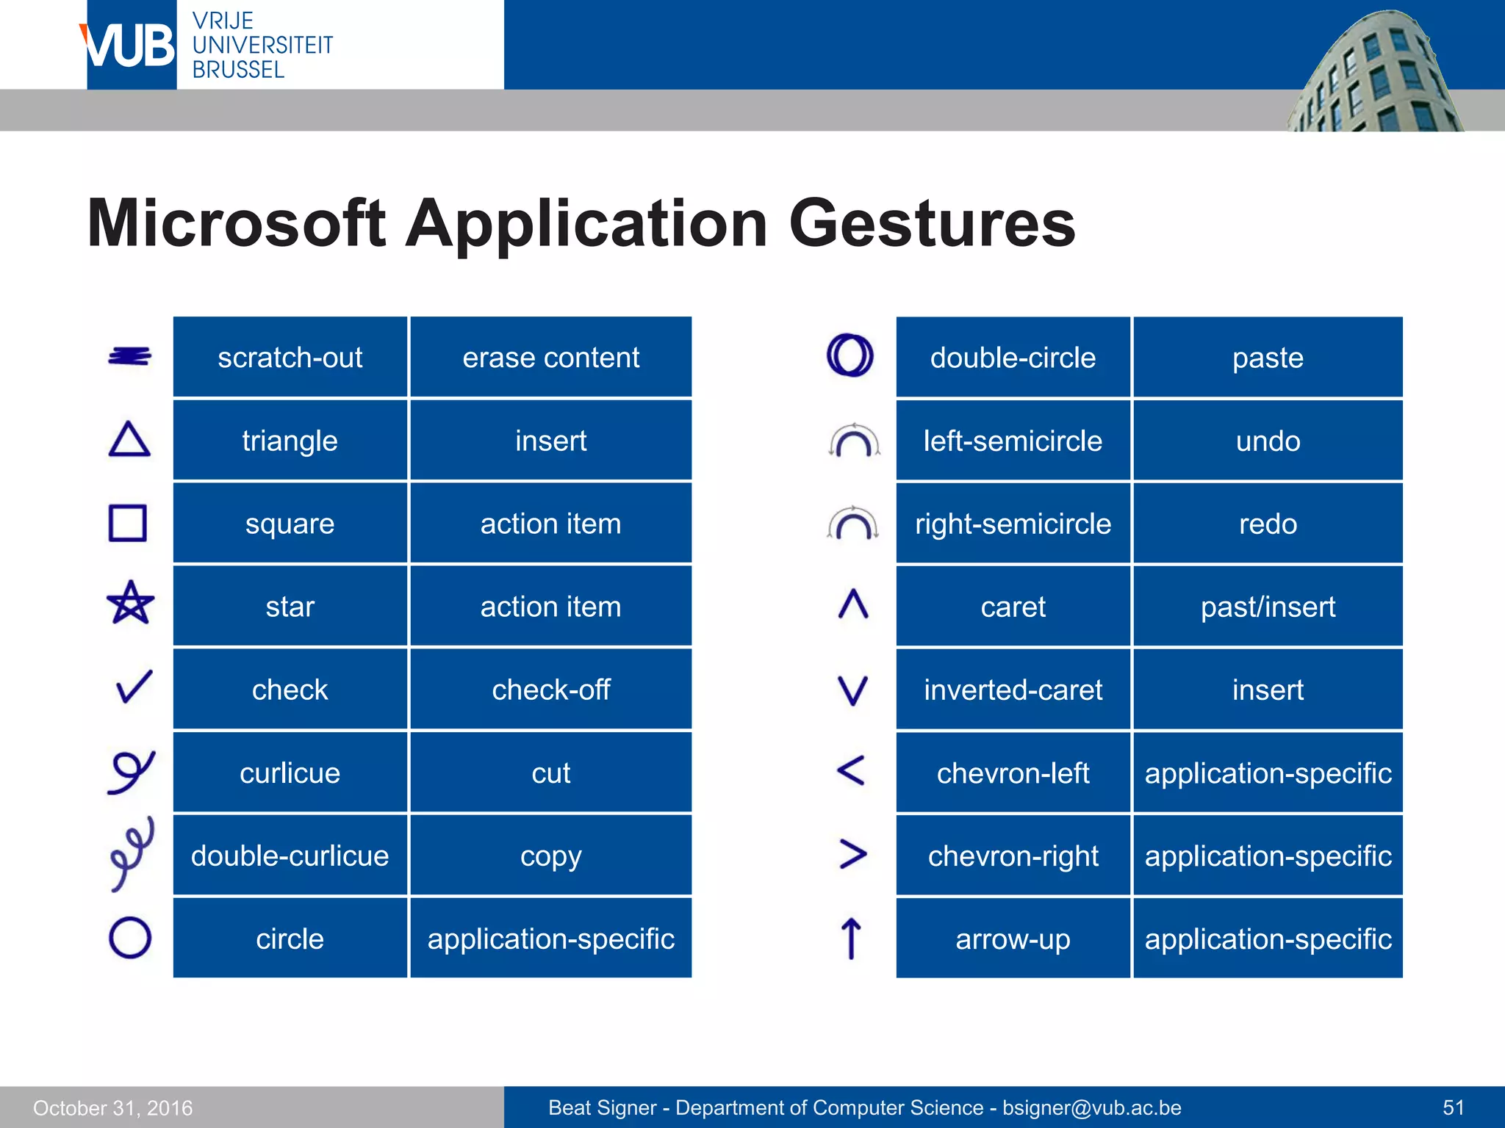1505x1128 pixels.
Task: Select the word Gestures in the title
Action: [x=932, y=223]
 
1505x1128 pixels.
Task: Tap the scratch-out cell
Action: [x=290, y=358]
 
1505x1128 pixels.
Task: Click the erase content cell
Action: [x=550, y=358]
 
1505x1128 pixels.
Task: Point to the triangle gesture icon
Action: [x=129, y=440]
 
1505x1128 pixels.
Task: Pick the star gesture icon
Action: [x=130, y=603]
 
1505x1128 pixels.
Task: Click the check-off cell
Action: [x=550, y=690]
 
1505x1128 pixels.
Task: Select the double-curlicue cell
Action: [x=290, y=856]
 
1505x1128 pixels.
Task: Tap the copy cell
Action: [x=550, y=856]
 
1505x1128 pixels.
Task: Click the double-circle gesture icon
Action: [x=850, y=355]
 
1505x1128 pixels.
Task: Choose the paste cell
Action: [x=1268, y=358]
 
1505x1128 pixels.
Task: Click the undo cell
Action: [x=1268, y=441]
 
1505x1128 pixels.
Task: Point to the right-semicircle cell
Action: [x=1013, y=524]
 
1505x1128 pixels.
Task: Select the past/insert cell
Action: [x=1268, y=607]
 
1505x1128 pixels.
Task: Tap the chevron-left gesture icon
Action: [x=851, y=771]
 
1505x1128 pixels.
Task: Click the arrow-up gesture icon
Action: [x=851, y=938]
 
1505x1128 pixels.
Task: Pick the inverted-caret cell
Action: [x=1013, y=690]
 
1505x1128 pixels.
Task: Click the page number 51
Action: [x=1453, y=1107]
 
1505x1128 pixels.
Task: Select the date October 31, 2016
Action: [x=113, y=1107]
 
